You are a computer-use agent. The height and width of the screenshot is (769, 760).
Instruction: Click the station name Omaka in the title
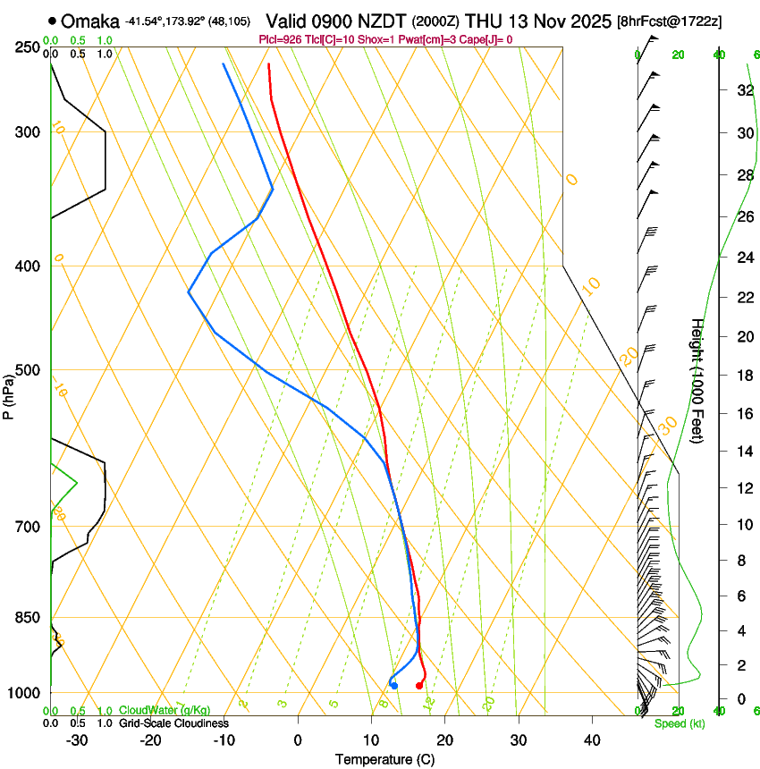click(x=89, y=21)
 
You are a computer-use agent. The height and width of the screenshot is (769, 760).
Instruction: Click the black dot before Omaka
click(x=54, y=21)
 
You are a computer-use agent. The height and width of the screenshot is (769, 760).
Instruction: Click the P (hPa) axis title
click(x=9, y=393)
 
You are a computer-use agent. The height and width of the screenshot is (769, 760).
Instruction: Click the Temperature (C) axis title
click(x=384, y=760)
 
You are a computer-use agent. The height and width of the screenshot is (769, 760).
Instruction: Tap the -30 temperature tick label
click(x=77, y=740)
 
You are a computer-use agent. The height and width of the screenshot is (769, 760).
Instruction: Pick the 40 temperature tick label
click(x=591, y=740)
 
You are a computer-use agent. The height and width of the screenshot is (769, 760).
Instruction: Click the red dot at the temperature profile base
click(x=419, y=686)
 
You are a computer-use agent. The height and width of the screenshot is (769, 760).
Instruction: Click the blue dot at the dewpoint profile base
click(x=394, y=686)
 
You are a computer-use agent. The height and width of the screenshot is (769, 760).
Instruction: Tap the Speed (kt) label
click(x=680, y=723)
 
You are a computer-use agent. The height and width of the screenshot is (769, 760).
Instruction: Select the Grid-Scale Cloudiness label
click(x=173, y=723)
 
